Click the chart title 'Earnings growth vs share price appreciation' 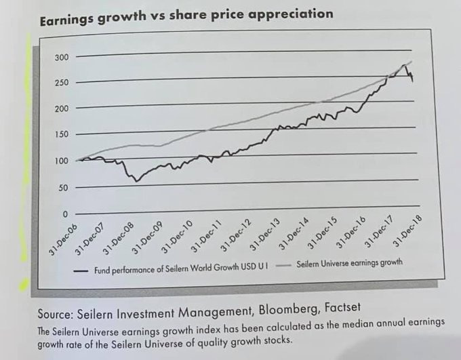point(186,16)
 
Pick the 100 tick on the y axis point(61,161)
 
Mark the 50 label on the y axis point(63,188)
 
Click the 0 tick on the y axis point(66,214)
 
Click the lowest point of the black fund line point(136,181)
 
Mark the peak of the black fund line point(405,65)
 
